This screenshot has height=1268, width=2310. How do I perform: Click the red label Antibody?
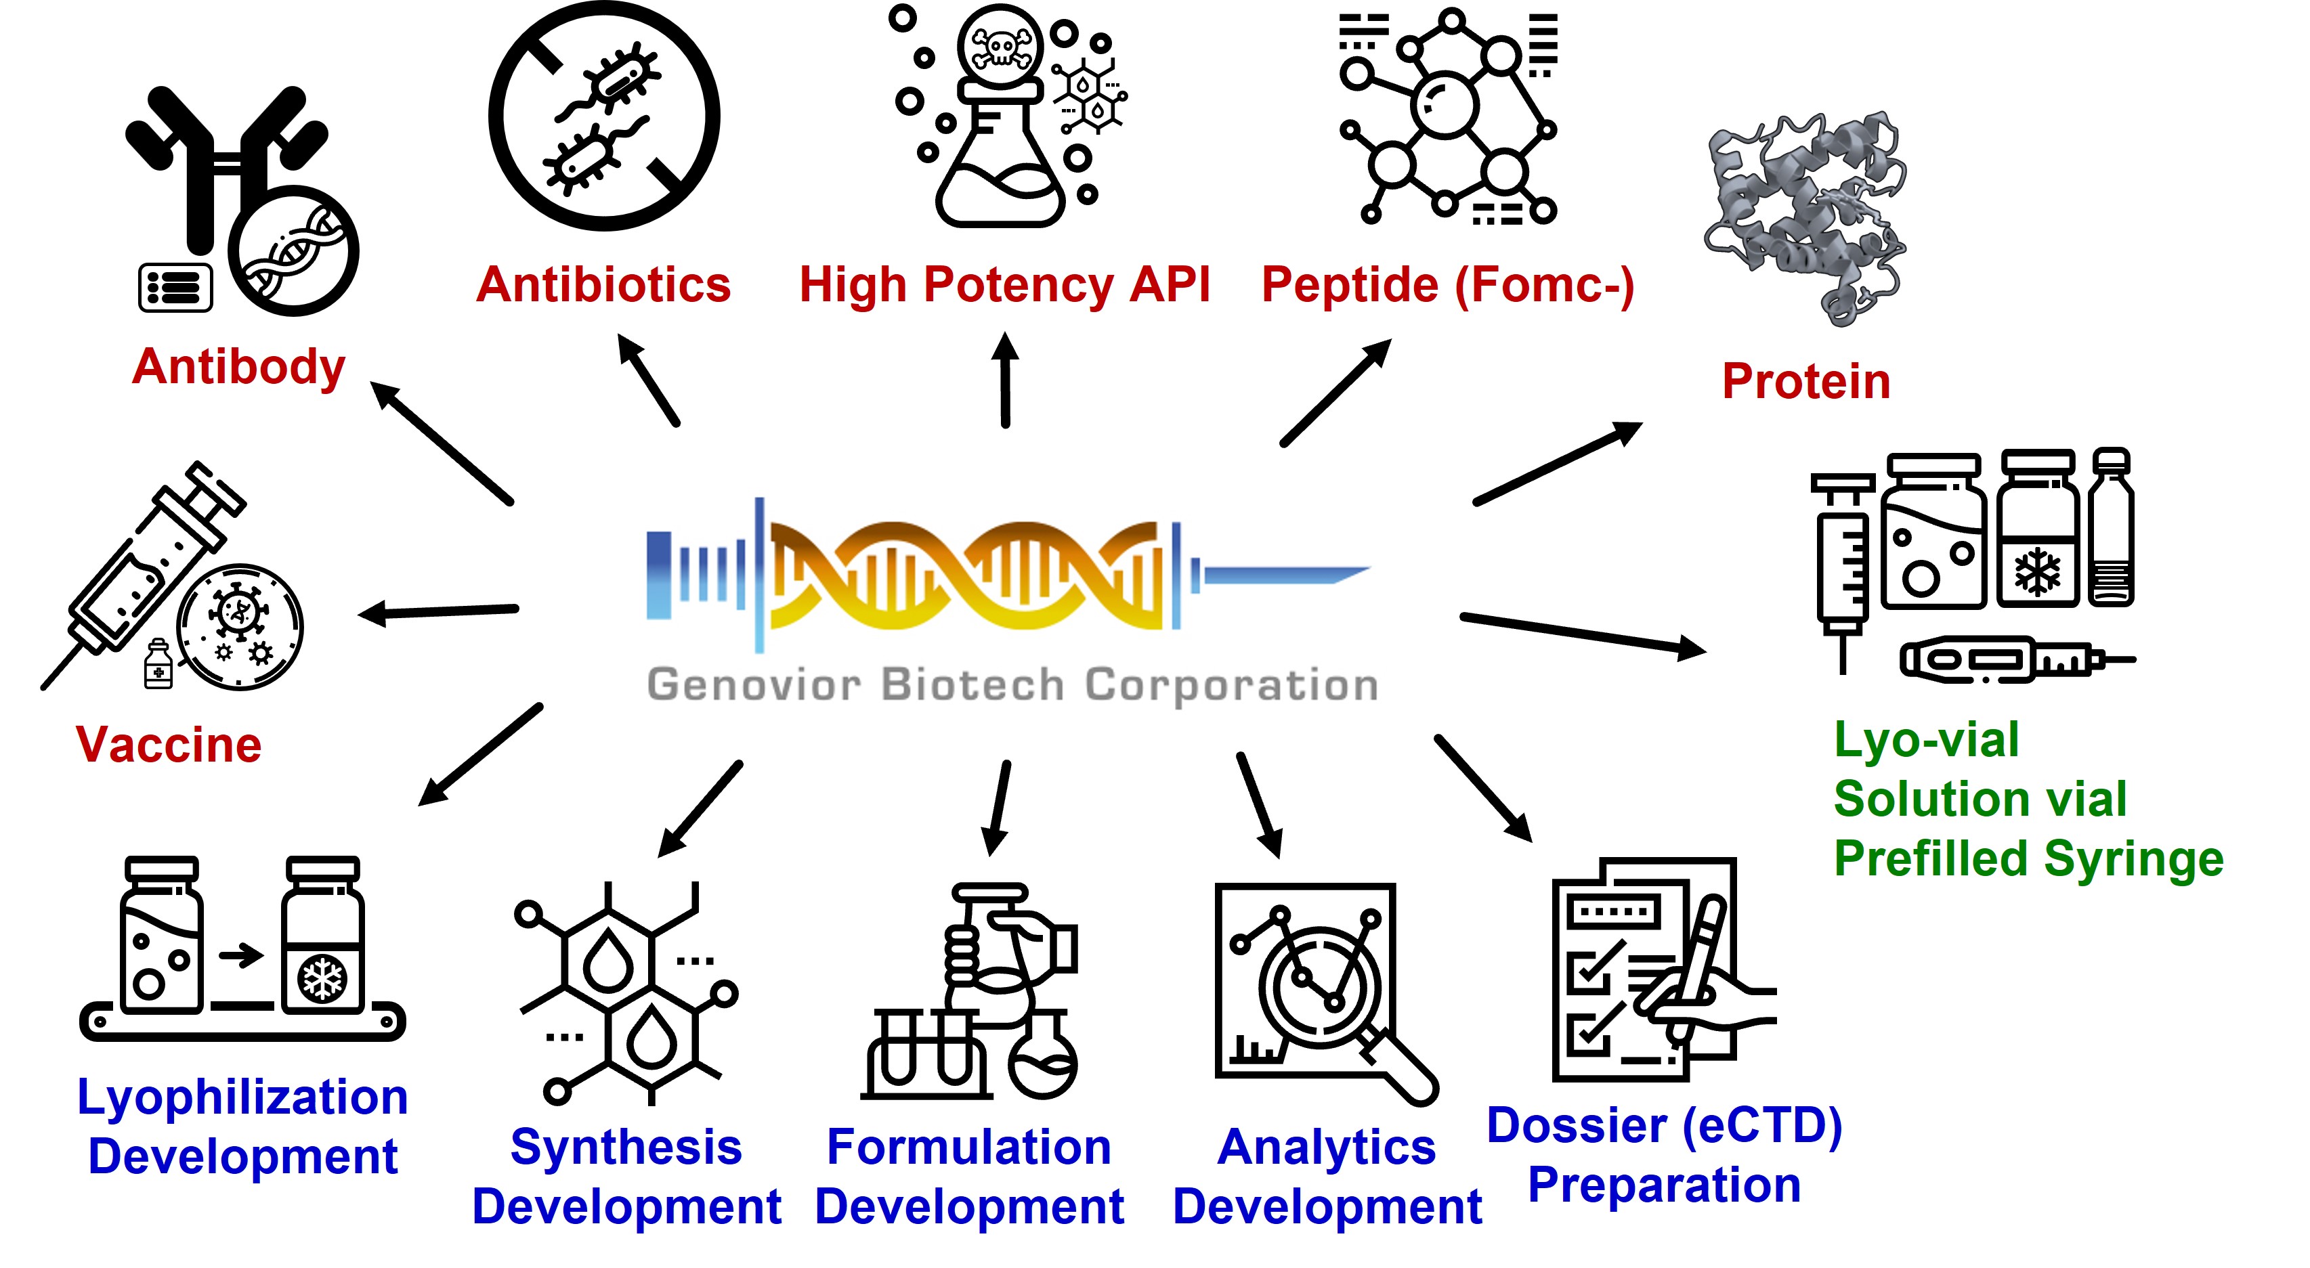click(238, 367)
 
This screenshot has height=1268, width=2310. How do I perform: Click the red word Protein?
click(1806, 381)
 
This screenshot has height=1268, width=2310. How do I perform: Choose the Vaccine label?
click(169, 745)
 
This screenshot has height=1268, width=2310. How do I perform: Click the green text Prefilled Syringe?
click(2028, 858)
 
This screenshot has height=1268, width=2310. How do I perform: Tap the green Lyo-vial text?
click(1926, 741)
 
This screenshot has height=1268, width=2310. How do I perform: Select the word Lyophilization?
click(242, 1097)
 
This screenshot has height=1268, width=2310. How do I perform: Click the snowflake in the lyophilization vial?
click(322, 978)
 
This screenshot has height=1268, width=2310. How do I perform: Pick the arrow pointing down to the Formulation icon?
click(998, 807)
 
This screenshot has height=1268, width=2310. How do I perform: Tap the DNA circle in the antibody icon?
click(293, 252)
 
